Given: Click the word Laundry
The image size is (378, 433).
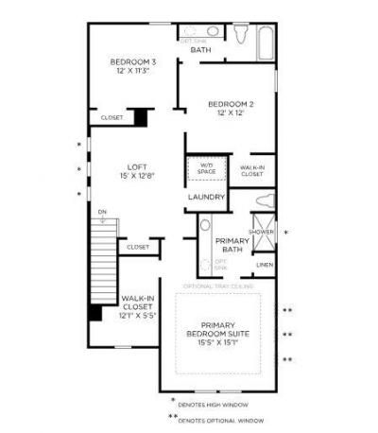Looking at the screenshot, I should point(206,197).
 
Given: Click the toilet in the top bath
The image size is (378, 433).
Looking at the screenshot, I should point(239,34).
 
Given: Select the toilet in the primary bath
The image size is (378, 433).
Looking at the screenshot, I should point(264,200).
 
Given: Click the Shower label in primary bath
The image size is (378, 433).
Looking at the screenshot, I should point(261,232).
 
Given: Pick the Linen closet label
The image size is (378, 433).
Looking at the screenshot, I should point(264,265).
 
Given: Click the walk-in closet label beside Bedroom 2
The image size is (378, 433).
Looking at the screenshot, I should point(251,170).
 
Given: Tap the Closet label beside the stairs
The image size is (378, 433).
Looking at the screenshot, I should point(137,247).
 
